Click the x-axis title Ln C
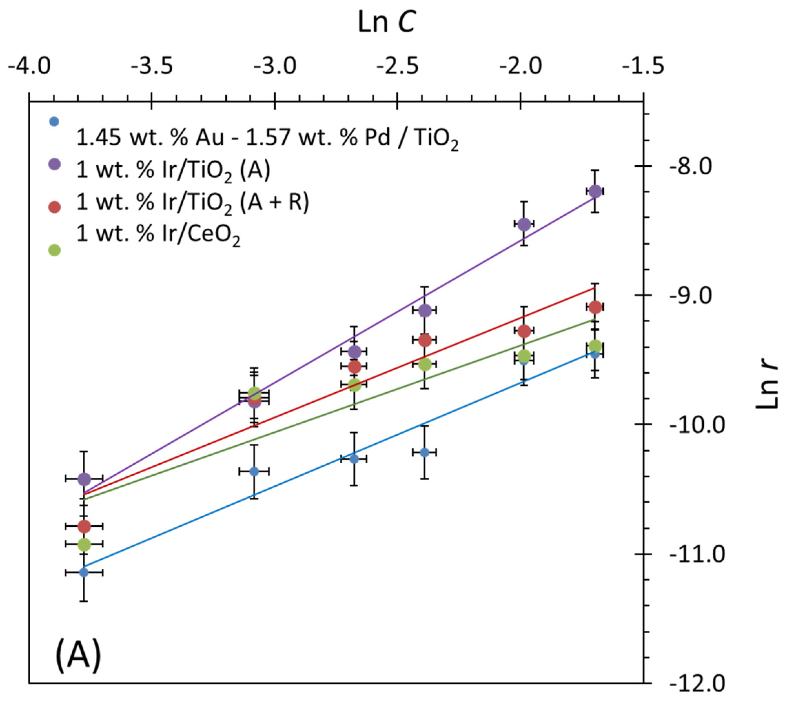pos(387,22)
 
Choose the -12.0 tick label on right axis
pos(697,684)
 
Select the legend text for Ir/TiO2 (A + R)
pos(192,203)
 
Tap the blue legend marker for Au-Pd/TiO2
pos(54,122)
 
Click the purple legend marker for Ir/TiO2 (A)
pos(54,164)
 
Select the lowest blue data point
pos(84,572)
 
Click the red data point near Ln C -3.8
pos(84,526)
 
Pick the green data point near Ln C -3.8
pos(84,544)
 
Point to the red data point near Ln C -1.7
pos(595,307)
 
